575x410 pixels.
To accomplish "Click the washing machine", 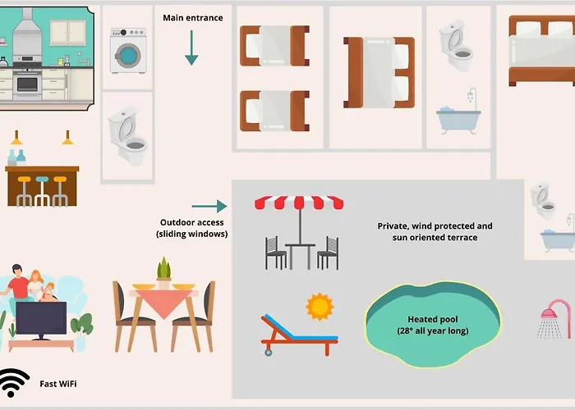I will pyautogui.click(x=127, y=51).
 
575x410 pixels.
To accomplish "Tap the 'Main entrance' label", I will pyautogui.click(x=192, y=18).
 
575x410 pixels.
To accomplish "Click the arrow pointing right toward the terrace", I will pyautogui.click(x=209, y=207).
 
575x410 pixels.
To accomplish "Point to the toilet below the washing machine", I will pyautogui.click(x=127, y=137).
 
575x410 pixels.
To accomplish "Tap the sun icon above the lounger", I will pyautogui.click(x=320, y=307).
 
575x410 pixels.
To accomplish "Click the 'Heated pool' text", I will pyautogui.click(x=432, y=319).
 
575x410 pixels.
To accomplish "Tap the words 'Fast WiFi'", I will pyautogui.click(x=59, y=383).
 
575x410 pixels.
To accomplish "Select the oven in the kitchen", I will pyautogui.click(x=27, y=83).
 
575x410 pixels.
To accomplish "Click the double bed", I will pyautogui.click(x=541, y=51).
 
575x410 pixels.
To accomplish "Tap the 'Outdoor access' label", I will pyautogui.click(x=192, y=228).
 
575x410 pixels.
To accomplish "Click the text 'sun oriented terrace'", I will pyautogui.click(x=435, y=237).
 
